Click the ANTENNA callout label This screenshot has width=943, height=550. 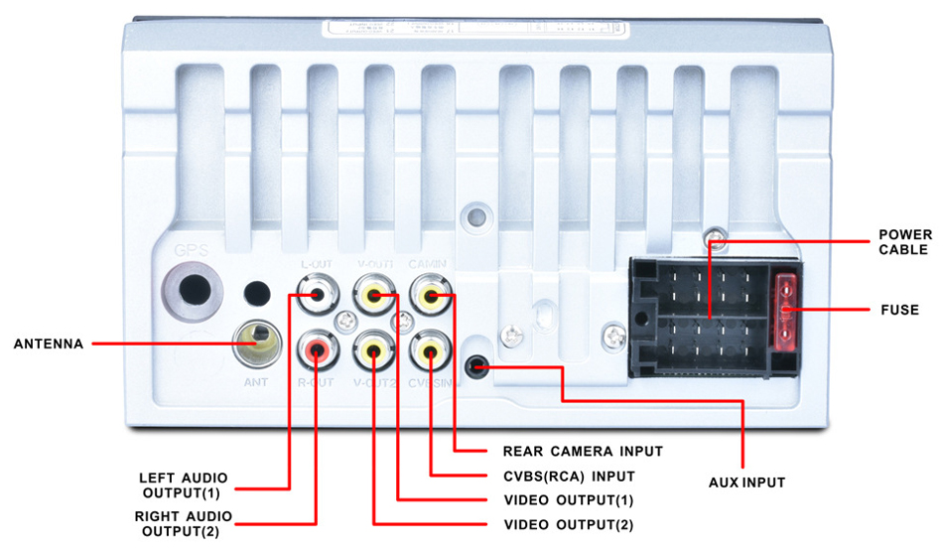49,345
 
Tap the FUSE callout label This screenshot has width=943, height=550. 898,310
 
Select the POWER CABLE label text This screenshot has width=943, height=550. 904,242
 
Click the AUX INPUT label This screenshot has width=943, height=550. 745,482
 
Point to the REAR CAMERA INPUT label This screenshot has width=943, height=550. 582,451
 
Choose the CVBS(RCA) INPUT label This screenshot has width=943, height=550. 569,477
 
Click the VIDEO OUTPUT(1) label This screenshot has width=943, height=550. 568,499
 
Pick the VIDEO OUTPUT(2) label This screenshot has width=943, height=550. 568,524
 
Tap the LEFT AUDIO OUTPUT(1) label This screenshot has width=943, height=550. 185,484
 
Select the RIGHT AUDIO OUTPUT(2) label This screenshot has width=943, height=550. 184,523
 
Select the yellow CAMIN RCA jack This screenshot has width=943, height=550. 430,295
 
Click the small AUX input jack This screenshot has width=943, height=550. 478,366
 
